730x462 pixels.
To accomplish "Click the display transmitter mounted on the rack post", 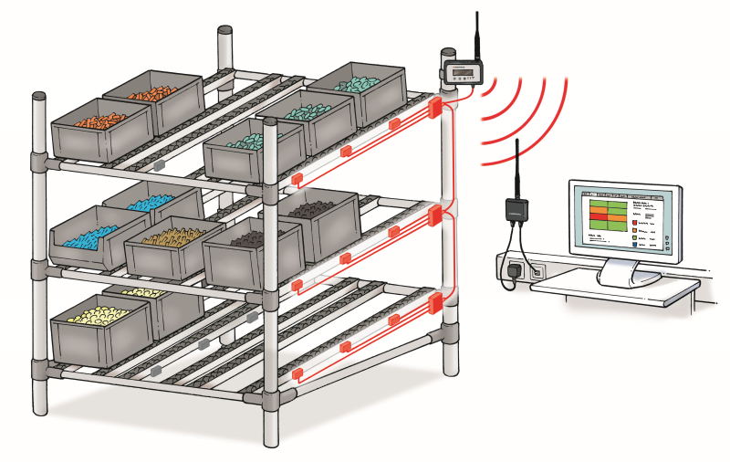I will coord(463,71).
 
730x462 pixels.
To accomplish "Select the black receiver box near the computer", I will coord(516,209).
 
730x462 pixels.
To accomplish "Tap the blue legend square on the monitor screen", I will coord(635,246).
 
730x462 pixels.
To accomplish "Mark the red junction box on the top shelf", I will coord(435,108).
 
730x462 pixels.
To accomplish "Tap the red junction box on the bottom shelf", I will coord(435,304).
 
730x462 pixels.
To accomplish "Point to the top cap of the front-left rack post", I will coord(39,95).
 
